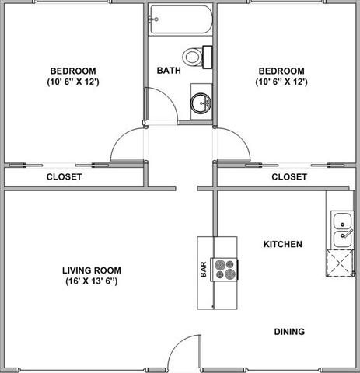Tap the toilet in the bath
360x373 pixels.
point(195,56)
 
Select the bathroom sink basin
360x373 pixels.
point(202,101)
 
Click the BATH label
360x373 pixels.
point(169,71)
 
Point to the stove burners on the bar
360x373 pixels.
point(226,269)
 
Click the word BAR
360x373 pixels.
point(204,269)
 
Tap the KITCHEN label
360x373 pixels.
point(282,244)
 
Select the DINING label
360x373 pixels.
point(288,332)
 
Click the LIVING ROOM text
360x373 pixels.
point(92,270)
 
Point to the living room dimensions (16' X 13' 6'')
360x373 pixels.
point(92,281)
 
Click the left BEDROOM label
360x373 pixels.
point(71,68)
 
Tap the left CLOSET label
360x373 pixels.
point(64,176)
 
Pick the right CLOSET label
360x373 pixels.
point(288,176)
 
